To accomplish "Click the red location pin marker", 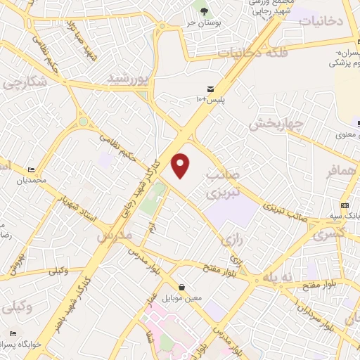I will [x=181, y=165].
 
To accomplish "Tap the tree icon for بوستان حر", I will [x=204, y=11].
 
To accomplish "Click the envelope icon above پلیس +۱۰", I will [x=210, y=88].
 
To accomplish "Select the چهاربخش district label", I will [x=276, y=125].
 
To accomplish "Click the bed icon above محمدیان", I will [x=31, y=170].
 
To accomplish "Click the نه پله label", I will [x=287, y=278].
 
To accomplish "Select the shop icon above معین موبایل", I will [x=182, y=287].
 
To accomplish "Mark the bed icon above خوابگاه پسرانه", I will [x=13, y=333].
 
